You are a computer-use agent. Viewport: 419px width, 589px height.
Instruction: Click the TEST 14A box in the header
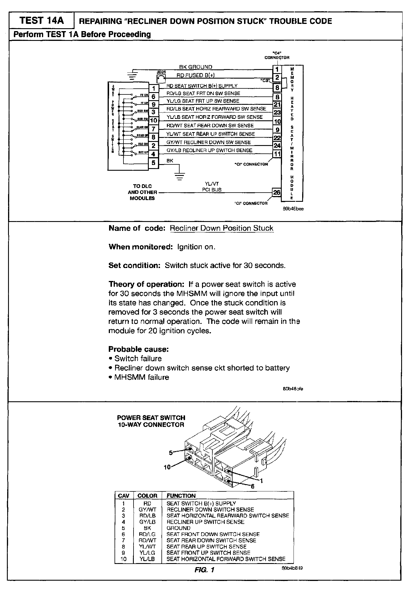pyautogui.click(x=41, y=21)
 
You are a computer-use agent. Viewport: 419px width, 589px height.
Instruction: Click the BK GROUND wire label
pyautogui.click(x=196, y=67)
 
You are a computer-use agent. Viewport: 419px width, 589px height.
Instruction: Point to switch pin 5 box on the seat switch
pyautogui.click(x=153, y=163)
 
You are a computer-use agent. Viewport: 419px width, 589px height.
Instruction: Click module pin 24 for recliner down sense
pyautogui.click(x=277, y=146)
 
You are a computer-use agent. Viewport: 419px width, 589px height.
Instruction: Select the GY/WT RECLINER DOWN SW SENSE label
pyautogui.click(x=209, y=142)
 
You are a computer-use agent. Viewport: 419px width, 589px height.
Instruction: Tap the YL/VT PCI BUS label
pyautogui.click(x=212, y=187)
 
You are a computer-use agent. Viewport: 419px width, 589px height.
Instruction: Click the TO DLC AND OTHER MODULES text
pyautogui.click(x=142, y=192)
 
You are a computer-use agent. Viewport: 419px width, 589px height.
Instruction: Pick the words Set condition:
pyautogui.click(x=134, y=265)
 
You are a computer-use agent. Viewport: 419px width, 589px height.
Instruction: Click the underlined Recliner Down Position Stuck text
pyautogui.click(x=221, y=228)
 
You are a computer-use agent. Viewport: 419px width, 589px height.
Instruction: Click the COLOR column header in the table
pyautogui.click(x=147, y=496)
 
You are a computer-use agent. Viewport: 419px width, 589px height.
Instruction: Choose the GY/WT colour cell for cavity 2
pyautogui.click(x=147, y=510)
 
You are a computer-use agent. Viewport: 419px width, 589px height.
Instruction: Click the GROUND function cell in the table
pyautogui.click(x=178, y=528)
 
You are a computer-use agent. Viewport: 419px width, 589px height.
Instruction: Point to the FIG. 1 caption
pyautogui.click(x=204, y=570)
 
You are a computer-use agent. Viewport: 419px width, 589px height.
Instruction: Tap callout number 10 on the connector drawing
pyautogui.click(x=167, y=467)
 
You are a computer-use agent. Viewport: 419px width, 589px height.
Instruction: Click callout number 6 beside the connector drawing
pyautogui.click(x=253, y=486)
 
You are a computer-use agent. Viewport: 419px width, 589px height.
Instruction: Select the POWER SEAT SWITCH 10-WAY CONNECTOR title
pyautogui.click(x=151, y=421)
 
